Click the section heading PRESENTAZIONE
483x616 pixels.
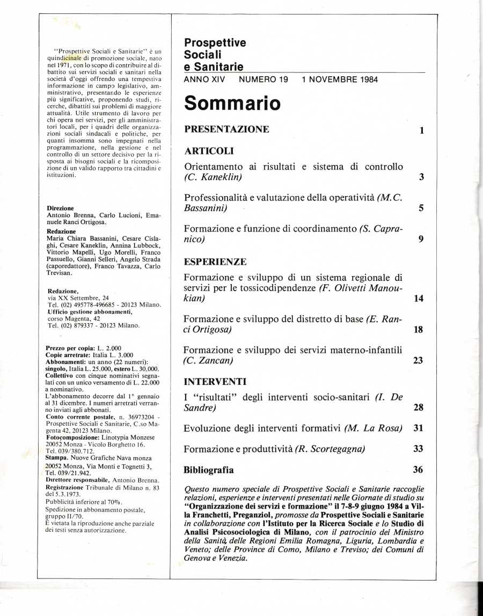226,130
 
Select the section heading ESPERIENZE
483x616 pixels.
215,262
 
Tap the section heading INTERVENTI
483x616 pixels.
215,382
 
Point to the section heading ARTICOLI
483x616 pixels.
209,151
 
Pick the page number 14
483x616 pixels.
419,298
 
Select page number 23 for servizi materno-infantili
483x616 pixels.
419,361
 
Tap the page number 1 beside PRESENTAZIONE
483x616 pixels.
422,130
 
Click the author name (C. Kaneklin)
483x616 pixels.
213,177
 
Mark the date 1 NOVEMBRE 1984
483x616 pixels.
340,79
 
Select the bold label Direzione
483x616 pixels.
61,208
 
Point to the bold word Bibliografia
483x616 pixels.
209,470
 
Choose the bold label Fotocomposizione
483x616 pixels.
70,437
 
